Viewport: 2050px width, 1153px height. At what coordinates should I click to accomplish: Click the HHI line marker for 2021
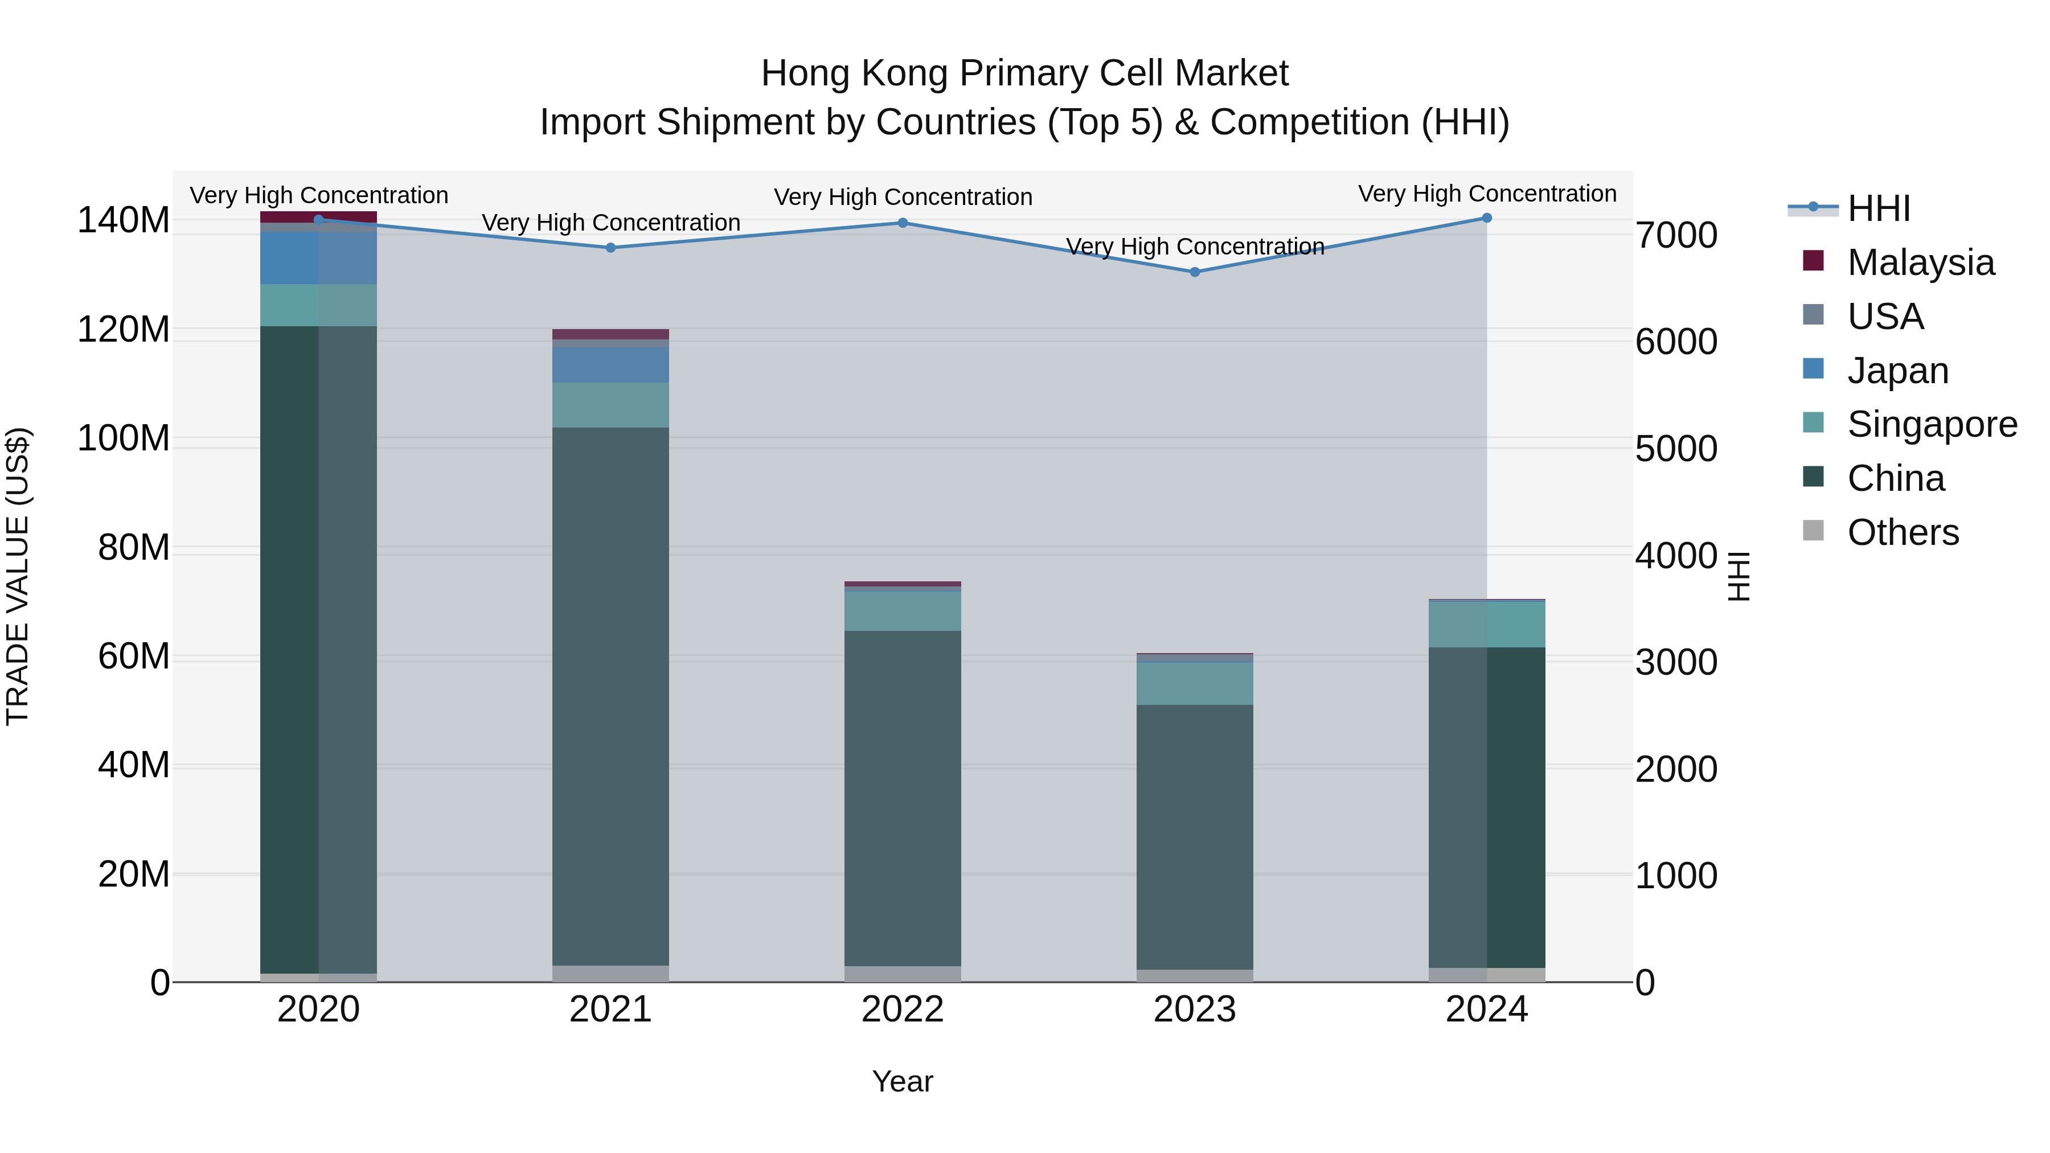(x=610, y=248)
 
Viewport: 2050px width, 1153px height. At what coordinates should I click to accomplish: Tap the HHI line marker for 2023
(x=1195, y=272)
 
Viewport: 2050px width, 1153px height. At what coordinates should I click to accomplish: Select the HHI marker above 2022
(x=903, y=223)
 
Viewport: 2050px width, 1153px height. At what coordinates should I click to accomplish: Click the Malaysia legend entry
(x=1920, y=262)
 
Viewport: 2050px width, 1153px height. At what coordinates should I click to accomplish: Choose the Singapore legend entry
(x=1932, y=424)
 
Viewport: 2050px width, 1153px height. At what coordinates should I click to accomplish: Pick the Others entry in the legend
(x=1903, y=532)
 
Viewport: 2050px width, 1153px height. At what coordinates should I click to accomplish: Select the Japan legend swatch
(x=1814, y=369)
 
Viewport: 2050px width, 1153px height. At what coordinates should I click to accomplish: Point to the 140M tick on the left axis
(x=124, y=220)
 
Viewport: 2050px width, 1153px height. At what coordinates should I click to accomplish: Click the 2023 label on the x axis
(x=1195, y=1010)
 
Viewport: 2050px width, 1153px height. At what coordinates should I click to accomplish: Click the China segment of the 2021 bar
(x=610, y=696)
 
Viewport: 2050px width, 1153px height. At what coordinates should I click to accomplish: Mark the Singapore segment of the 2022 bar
(x=903, y=611)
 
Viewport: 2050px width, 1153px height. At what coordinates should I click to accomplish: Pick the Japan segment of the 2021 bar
(x=610, y=365)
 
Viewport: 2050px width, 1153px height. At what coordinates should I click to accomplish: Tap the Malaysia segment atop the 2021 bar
(x=610, y=334)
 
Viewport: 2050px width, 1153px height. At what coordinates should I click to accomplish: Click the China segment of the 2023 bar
(x=1195, y=835)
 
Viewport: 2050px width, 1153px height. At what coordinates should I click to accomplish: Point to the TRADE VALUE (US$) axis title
(x=18, y=576)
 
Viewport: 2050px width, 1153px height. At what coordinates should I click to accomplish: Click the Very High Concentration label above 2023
(x=1195, y=247)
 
